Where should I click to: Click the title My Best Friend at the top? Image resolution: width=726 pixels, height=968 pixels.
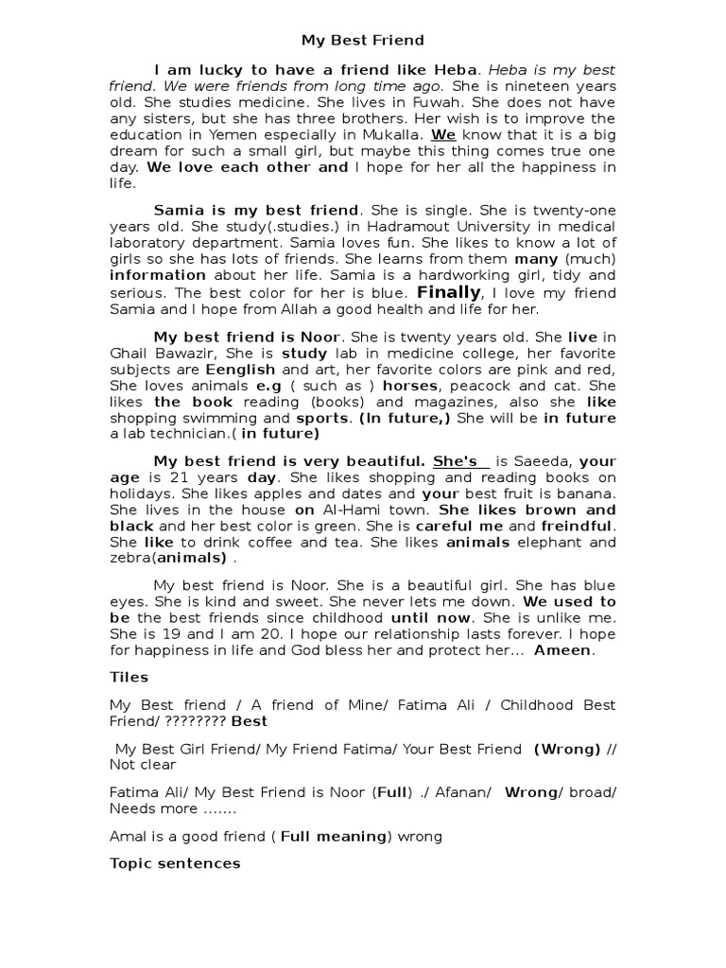click(x=363, y=41)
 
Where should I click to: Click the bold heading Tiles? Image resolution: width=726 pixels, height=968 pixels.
click(x=130, y=677)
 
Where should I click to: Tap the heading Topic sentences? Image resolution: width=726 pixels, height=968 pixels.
click(x=175, y=863)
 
